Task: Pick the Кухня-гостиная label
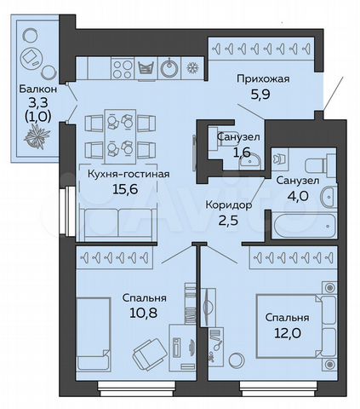pyautogui.click(x=128, y=175)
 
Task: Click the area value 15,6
pyautogui.click(x=128, y=191)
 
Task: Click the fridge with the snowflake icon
pyautogui.click(x=192, y=68)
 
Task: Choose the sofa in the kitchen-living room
pyautogui.click(x=114, y=225)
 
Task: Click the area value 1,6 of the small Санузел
pyautogui.click(x=232, y=153)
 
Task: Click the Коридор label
pyautogui.click(x=228, y=205)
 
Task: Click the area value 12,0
pyautogui.click(x=285, y=334)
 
